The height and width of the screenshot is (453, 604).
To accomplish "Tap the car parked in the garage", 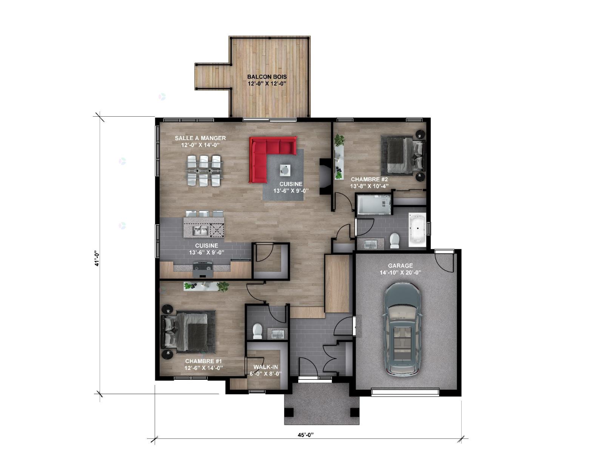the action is tap(402, 329).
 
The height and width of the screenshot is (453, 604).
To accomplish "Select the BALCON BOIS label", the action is tap(267, 77).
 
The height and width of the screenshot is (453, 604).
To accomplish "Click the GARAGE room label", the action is tap(400, 266).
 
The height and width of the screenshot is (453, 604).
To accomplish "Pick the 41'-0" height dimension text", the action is tap(97, 258).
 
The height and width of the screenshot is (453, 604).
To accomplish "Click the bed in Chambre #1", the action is tap(187, 332).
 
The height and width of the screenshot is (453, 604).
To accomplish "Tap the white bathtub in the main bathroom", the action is tap(417, 230).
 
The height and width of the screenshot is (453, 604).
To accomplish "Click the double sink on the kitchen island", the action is tap(200, 231).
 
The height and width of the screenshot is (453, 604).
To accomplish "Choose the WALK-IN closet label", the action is tap(265, 367).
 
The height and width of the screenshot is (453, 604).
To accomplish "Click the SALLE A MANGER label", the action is tap(200, 138).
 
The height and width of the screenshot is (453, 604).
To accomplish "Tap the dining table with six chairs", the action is tap(203, 171).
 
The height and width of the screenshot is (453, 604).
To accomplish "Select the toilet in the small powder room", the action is tap(257, 331).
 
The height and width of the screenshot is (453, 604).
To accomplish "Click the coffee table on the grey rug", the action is tap(285, 170).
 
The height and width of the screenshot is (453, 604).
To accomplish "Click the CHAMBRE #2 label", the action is tap(369, 179).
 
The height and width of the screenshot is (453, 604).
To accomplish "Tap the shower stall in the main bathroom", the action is tap(374, 204).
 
